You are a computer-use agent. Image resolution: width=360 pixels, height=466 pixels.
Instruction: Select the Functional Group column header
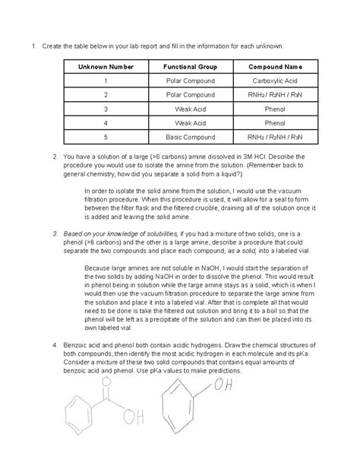pos(190,67)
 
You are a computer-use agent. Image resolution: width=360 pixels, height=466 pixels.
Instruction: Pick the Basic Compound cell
pos(190,137)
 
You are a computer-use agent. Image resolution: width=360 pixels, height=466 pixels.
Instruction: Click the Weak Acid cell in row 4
pos(190,122)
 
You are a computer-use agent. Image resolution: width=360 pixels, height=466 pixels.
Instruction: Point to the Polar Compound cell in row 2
pos(190,95)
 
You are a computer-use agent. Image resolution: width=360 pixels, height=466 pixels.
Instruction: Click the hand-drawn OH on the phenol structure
pos(223,386)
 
